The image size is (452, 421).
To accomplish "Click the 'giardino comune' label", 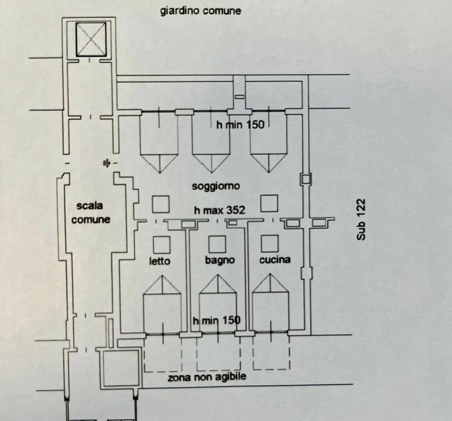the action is pos(201,11).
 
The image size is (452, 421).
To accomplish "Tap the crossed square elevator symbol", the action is pos(91,39).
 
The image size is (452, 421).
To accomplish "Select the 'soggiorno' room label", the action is pos(216,186).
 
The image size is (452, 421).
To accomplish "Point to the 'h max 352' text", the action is pos(220,210).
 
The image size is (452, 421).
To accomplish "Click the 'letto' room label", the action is pos(160,261).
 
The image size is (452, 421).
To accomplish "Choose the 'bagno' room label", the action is pos(220,260).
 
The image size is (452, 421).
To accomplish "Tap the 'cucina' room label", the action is pos(275,260).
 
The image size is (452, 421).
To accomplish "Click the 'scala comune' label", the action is pos(90,213).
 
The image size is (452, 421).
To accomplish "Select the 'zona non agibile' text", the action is pos(207,377).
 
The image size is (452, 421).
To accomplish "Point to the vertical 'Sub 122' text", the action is pos(361,219).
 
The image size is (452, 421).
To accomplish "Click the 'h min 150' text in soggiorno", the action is pos(240,125).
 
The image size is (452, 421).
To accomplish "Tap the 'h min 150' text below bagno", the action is pos(216,320).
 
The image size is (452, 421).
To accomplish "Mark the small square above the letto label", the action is pos(162,245).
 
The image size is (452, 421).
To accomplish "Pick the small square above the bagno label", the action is pos(217,244).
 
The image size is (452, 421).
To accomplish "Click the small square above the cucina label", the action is pos(270,243).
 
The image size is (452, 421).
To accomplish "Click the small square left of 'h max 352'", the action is pos(161,204).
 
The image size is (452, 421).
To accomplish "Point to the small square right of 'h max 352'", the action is pos(269,203).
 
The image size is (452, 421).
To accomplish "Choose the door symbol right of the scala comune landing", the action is pos(106,164).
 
